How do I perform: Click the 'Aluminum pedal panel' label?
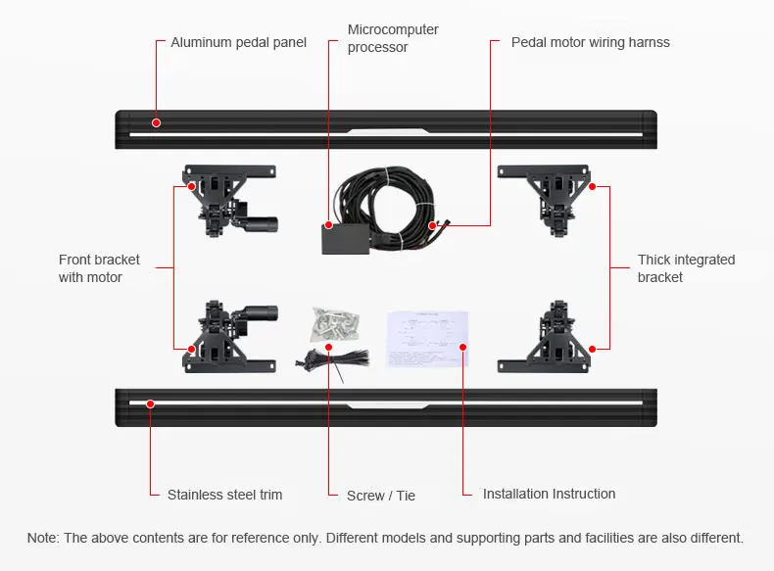pyautogui.click(x=238, y=42)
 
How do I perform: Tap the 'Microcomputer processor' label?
pyautogui.click(x=393, y=38)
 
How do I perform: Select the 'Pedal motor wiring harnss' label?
pyautogui.click(x=590, y=42)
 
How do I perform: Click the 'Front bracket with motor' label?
pyautogui.click(x=99, y=268)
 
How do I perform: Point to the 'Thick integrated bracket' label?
pyautogui.click(x=686, y=268)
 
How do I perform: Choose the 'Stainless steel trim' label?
pyautogui.click(x=224, y=495)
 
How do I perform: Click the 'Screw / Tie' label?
pyautogui.click(x=381, y=496)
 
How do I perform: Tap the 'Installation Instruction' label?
pyautogui.click(x=549, y=494)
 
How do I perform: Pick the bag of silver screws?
pyautogui.click(x=333, y=324)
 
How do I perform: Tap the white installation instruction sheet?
pyautogui.click(x=427, y=339)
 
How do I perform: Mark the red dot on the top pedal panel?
pyautogui.click(x=155, y=122)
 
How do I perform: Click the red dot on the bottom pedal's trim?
pyautogui.click(x=150, y=403)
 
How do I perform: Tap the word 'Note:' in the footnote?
pyautogui.click(x=43, y=538)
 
